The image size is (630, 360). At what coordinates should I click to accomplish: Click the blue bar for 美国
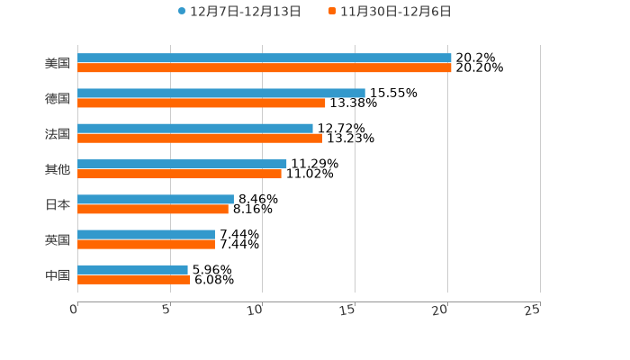265,58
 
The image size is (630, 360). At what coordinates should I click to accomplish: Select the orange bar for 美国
265,68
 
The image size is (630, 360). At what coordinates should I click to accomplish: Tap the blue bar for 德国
221,94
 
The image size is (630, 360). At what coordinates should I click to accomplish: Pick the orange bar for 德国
202,103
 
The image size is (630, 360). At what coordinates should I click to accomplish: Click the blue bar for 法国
195,129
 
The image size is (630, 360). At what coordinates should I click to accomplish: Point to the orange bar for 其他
179,174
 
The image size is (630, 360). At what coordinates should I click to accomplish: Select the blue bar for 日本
156,199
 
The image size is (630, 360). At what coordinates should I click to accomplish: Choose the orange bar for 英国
146,244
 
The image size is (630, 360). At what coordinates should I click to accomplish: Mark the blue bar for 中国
132,269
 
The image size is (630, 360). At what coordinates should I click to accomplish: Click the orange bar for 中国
133,279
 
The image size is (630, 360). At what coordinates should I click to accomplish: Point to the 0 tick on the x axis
75,310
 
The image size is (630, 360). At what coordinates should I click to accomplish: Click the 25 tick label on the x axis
533,310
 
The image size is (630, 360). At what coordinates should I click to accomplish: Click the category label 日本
58,204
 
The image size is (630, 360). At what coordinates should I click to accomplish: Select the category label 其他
58,169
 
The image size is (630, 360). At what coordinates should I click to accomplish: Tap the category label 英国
58,239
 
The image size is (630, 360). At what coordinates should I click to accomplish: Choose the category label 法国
58,134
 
